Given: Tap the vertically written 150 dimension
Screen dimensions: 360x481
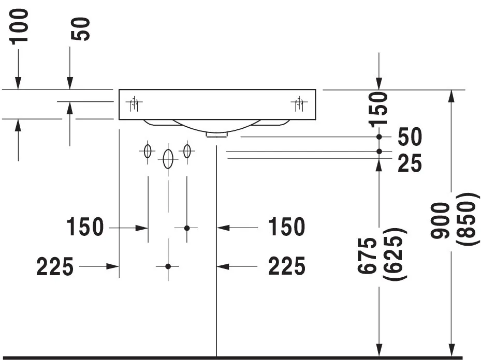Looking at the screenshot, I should coord(380,109).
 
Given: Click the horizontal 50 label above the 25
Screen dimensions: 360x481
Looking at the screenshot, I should coord(410,137).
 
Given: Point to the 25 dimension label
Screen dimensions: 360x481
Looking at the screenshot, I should coord(410,164).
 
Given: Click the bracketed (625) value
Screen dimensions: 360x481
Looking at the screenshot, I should coord(394,254).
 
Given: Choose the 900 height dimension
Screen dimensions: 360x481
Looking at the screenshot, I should coord(441,220).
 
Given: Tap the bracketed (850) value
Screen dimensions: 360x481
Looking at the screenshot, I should coord(465,220).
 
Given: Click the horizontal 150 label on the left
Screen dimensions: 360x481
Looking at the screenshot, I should coord(85,227).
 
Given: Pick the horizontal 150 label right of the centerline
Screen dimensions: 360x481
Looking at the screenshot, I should coord(286,227).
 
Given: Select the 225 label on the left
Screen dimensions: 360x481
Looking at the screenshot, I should coord(55,267).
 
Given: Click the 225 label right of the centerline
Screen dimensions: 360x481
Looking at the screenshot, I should coord(286,267).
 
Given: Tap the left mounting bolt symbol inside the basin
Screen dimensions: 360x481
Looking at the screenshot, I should coord(134,104).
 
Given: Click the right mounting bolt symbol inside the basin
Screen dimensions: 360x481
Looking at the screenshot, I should coord(299,104).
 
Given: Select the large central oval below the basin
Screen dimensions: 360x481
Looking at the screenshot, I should coord(168,159).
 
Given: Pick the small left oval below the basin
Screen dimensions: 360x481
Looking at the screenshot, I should coord(148,152).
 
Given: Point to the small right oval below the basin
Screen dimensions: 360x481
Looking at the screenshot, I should coord(187,152).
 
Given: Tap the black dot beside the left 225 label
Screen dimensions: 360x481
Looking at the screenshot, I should coord(168,266).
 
